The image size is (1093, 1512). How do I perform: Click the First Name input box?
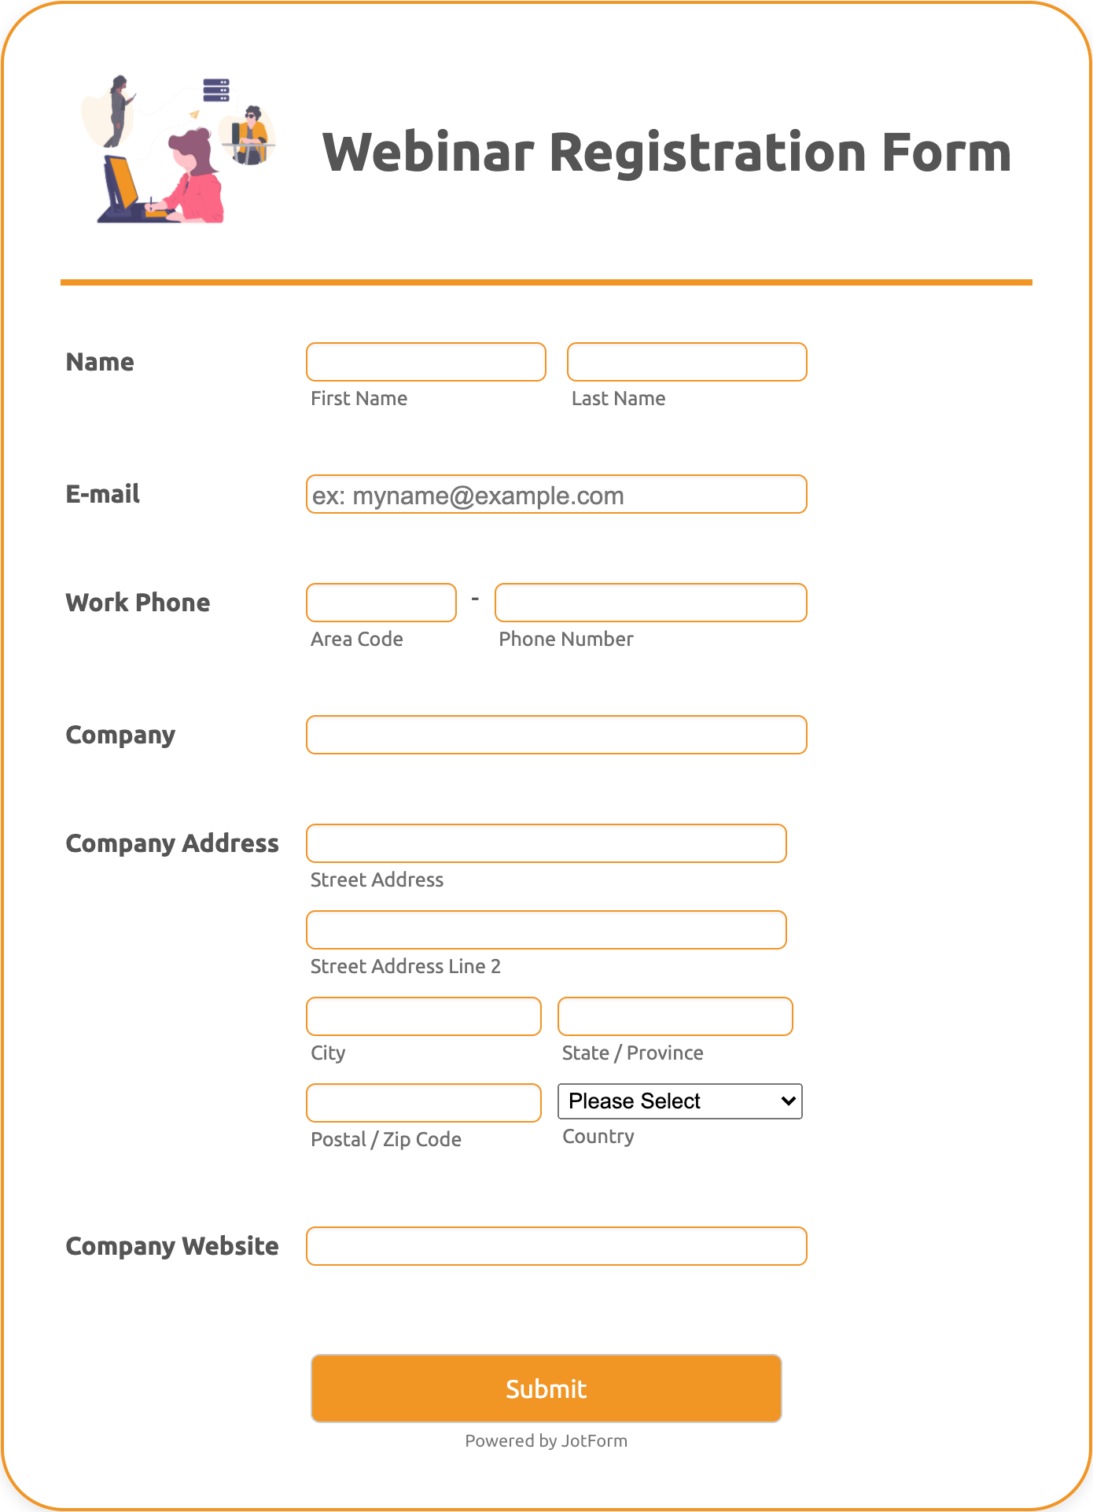(x=425, y=362)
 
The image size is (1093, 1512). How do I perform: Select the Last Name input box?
(x=686, y=362)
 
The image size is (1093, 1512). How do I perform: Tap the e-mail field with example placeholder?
(x=556, y=495)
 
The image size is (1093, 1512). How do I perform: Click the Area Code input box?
(x=381, y=603)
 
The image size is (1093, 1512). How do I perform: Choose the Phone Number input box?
(x=650, y=603)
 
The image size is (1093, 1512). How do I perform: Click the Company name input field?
(x=556, y=735)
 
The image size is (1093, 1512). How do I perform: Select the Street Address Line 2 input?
(x=546, y=930)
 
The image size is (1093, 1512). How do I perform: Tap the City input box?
(x=423, y=1016)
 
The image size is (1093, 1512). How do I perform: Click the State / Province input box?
(x=675, y=1016)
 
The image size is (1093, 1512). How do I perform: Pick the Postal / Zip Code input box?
(x=423, y=1103)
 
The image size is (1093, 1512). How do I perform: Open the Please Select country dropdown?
(x=679, y=1101)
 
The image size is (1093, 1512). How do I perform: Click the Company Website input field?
(x=556, y=1246)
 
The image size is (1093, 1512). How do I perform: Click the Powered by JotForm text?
(x=546, y=1440)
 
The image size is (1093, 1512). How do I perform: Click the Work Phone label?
(x=138, y=603)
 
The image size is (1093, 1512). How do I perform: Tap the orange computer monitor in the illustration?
(x=121, y=183)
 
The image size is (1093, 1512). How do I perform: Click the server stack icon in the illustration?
(x=216, y=90)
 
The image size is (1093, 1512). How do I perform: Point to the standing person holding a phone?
(x=119, y=110)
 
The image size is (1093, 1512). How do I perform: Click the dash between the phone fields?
(x=475, y=599)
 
